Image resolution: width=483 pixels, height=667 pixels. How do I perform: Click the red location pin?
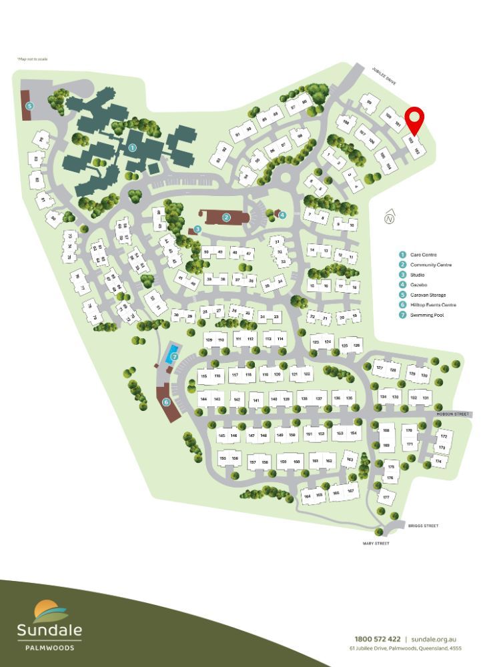coord(416,120)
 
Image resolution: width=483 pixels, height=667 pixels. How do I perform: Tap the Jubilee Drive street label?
coord(384,76)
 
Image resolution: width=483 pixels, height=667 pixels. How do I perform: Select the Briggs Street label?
coord(424,526)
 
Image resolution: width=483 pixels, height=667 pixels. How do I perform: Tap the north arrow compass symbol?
coord(390,217)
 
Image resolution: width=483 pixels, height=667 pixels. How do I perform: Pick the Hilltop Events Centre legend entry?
coord(426,305)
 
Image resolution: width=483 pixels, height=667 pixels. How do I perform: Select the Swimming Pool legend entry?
coord(422,315)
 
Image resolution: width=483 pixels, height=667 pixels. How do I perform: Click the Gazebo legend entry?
coord(414,285)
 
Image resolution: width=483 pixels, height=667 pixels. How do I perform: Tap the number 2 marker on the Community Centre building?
coord(227,217)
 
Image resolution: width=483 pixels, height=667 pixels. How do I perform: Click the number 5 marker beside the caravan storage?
coord(29,105)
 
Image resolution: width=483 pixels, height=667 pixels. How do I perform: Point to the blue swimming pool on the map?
coord(173,351)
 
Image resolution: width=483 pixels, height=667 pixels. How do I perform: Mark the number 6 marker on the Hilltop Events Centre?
coord(166,402)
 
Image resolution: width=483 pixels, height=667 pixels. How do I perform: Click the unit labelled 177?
coord(386,498)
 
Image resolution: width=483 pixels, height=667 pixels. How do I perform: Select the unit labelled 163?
coord(349,458)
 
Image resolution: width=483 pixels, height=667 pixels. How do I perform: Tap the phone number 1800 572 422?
coord(378,638)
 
